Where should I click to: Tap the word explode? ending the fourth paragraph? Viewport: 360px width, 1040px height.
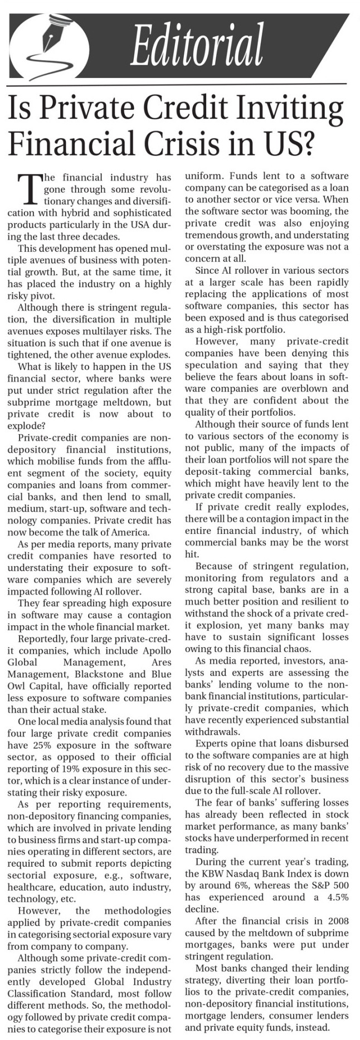(27, 426)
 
